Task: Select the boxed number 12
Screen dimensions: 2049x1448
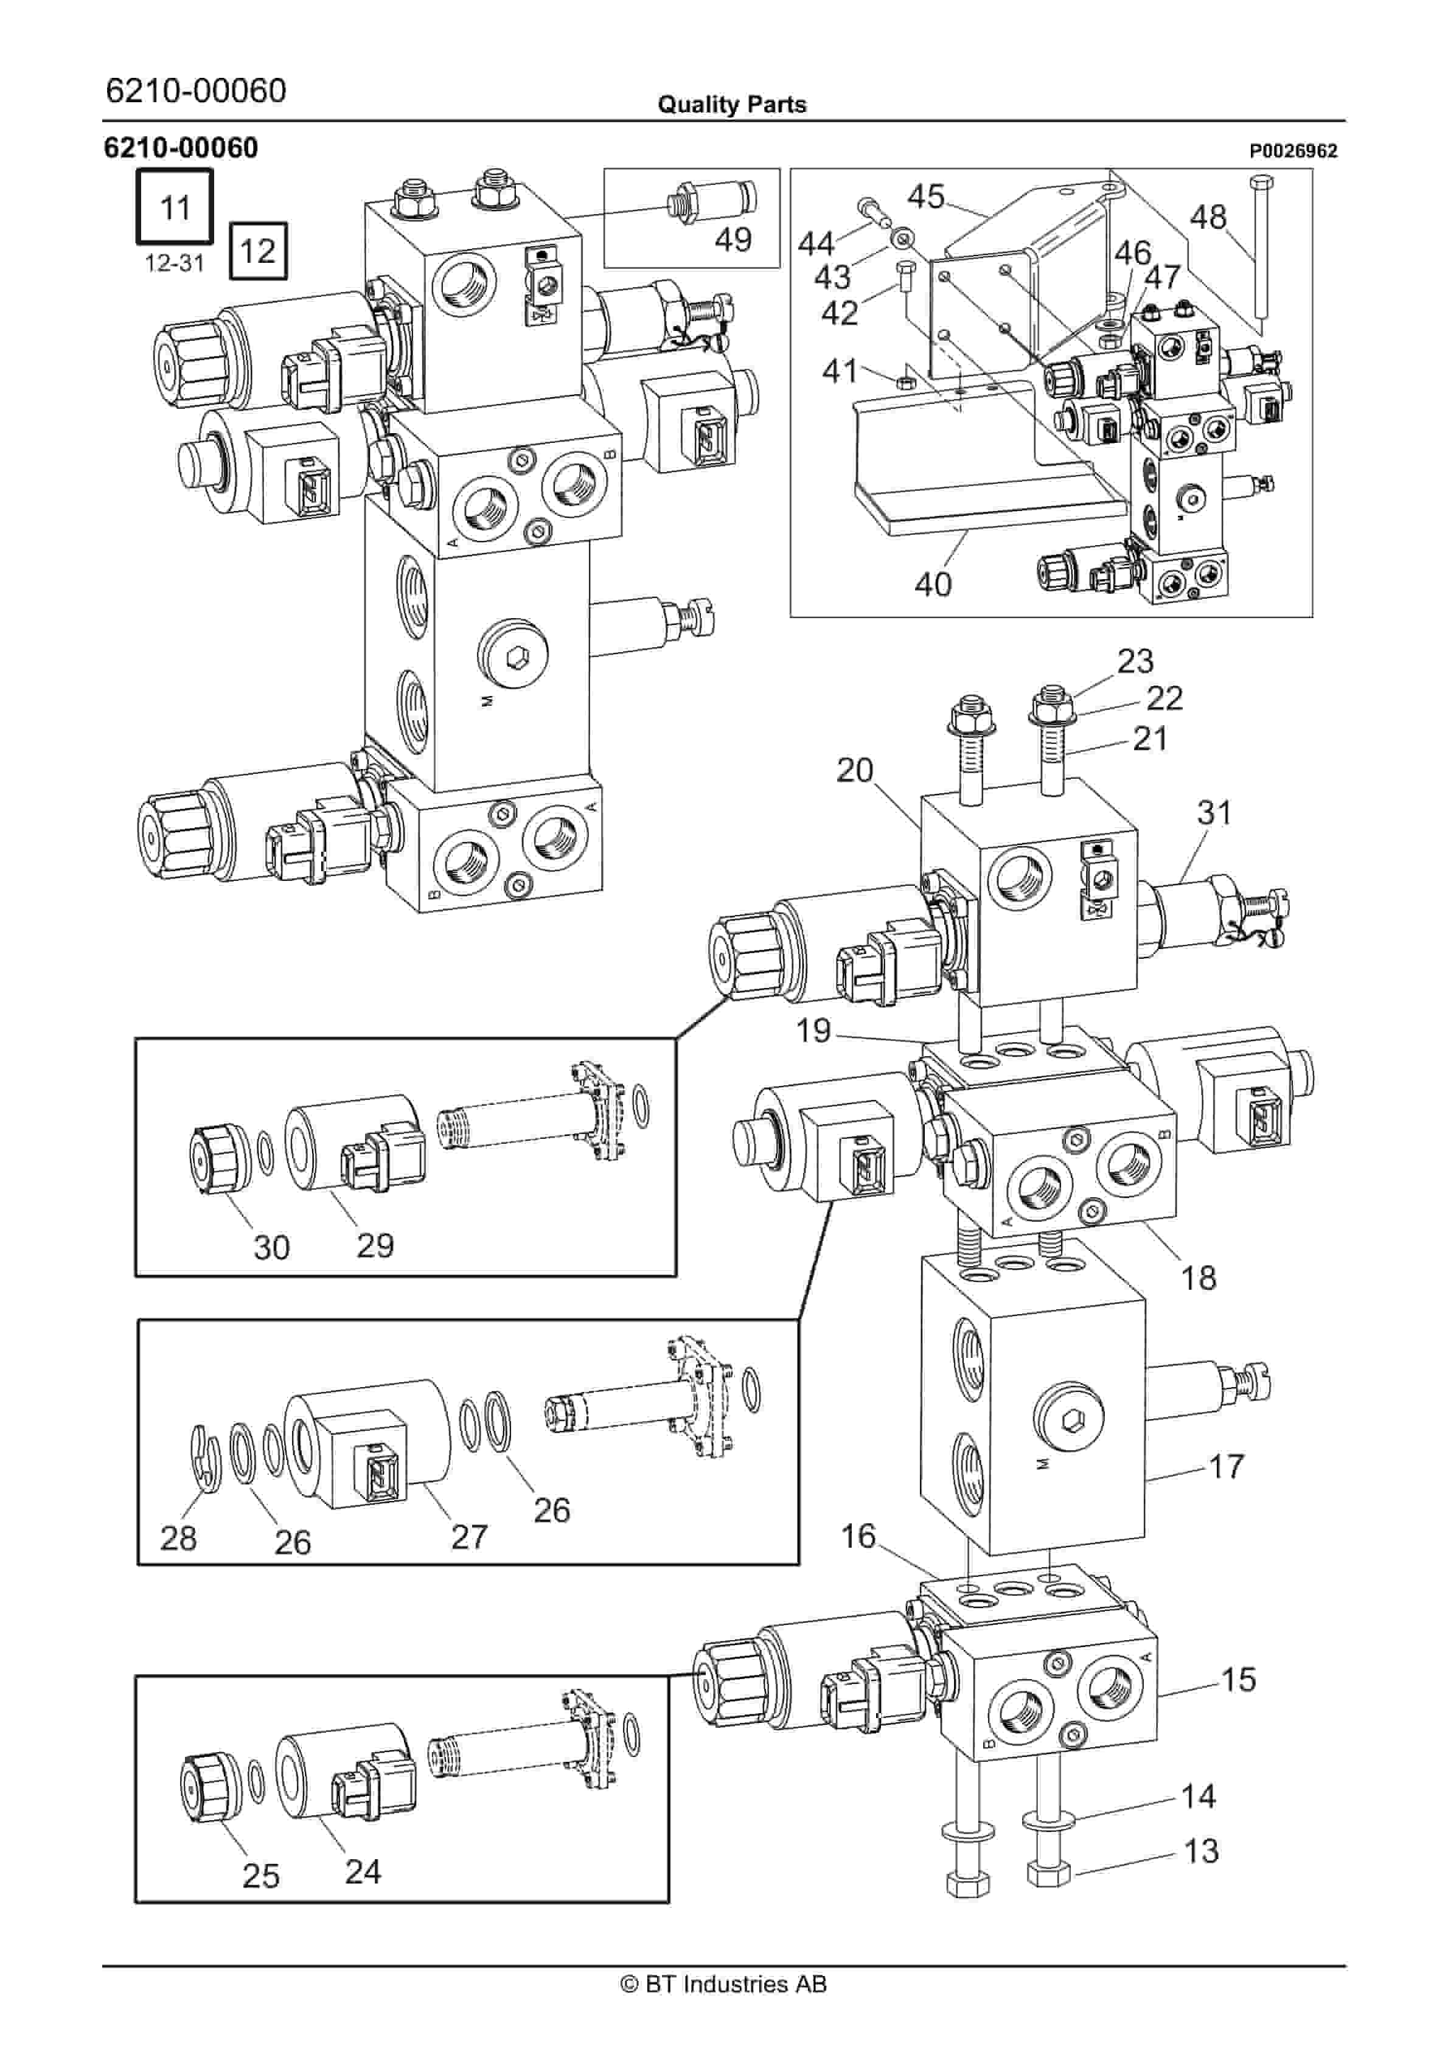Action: click(x=258, y=250)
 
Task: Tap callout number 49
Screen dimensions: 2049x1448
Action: click(x=733, y=239)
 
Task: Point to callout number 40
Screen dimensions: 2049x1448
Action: click(x=933, y=585)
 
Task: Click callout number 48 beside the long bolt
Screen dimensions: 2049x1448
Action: click(x=1208, y=217)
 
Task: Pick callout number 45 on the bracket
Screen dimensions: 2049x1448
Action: click(x=926, y=197)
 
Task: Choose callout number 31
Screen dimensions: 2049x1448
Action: click(x=1214, y=813)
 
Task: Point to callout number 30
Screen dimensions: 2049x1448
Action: click(x=271, y=1248)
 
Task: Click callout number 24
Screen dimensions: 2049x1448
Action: click(x=363, y=1871)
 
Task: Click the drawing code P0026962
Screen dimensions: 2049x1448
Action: click(x=1293, y=151)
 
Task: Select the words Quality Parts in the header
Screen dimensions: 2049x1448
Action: click(x=731, y=105)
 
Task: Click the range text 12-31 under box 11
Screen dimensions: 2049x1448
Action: click(x=175, y=263)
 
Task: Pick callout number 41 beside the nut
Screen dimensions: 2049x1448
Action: click(x=839, y=370)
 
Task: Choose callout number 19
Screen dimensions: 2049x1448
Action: click(x=813, y=1031)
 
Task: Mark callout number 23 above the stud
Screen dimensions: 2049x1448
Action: click(x=1135, y=661)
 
